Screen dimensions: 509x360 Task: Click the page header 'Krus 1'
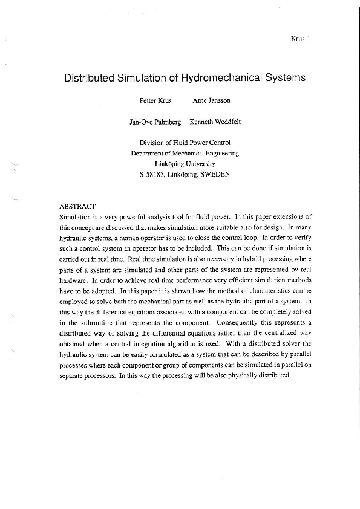[x=301, y=39]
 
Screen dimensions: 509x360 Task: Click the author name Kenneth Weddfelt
[x=215, y=122]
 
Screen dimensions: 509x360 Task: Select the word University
[x=201, y=164]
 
